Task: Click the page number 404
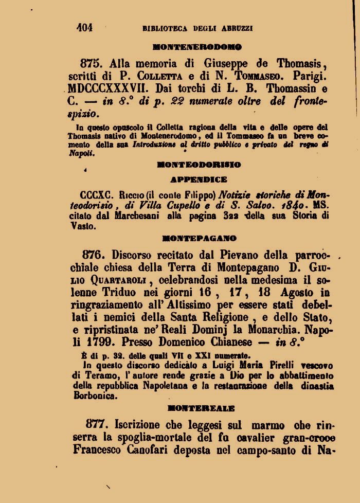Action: (x=84, y=28)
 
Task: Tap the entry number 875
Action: (x=92, y=64)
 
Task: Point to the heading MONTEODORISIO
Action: (x=199, y=165)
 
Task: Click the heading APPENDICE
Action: (x=199, y=180)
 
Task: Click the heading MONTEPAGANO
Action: (x=199, y=238)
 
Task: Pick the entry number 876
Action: (x=94, y=255)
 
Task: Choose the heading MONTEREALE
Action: (x=201, y=408)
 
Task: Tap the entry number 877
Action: (x=98, y=425)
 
